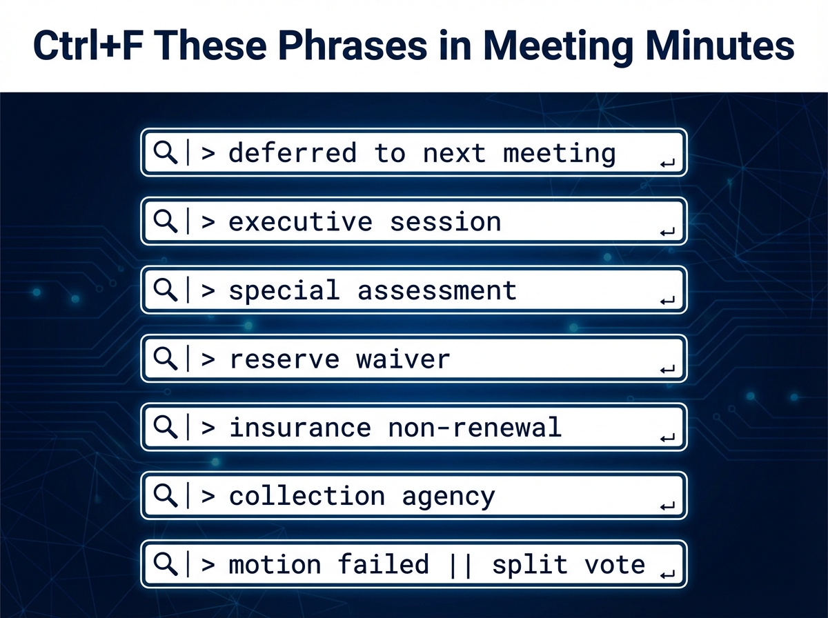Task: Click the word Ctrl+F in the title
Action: tap(88, 46)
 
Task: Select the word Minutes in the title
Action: tap(720, 46)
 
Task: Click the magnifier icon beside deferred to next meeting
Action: tap(165, 152)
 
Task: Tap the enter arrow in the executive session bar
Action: tap(667, 232)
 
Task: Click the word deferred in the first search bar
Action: tap(293, 152)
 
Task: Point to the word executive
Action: tap(301, 221)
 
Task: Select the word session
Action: tap(445, 221)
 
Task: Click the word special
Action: tap(284, 290)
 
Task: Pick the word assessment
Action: tap(437, 291)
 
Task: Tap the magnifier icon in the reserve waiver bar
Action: tap(165, 359)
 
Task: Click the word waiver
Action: tap(403, 359)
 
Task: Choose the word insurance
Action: tap(301, 427)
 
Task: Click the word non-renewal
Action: tap(475, 428)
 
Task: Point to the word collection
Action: tap(307, 496)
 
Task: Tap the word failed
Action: tap(383, 564)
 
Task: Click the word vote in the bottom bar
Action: tap(615, 565)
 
